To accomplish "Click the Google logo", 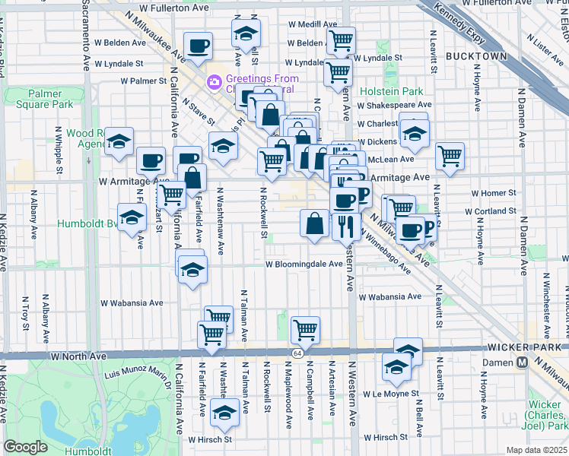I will tap(26, 447).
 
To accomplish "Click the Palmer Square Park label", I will tap(34, 99).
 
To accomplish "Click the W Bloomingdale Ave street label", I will tap(304, 264).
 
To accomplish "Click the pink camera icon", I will tap(215, 81).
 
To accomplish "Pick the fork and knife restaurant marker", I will tap(347, 225).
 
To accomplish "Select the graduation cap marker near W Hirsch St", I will tap(224, 413).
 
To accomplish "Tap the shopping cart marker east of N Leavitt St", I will tap(450, 156).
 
